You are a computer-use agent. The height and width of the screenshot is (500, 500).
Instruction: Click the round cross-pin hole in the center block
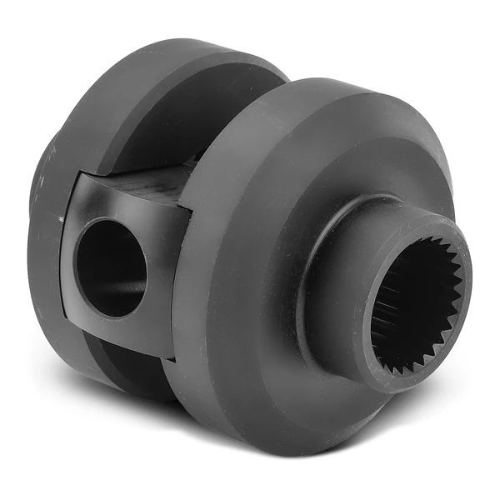(x=110, y=267)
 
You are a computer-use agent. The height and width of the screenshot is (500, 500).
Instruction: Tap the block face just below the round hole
(x=117, y=333)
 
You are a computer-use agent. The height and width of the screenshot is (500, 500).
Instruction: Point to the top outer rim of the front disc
(x=333, y=83)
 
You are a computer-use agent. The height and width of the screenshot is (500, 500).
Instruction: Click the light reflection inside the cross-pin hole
(x=125, y=287)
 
